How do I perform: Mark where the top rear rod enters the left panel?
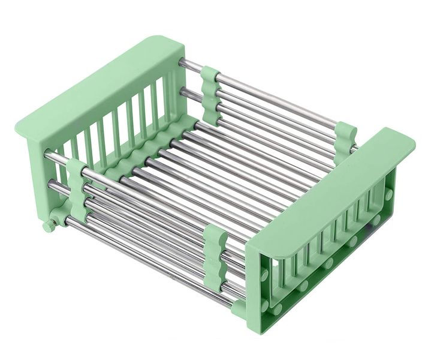(182, 62)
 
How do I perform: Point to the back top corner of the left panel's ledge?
(174, 42)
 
